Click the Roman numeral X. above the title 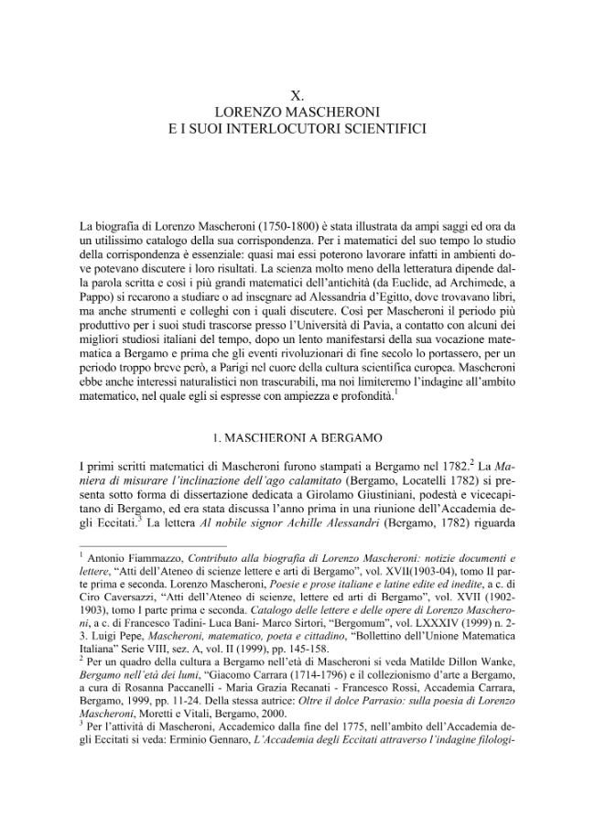[297, 95]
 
